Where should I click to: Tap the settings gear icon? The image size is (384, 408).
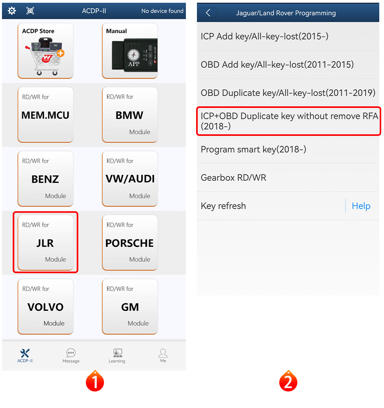(12, 11)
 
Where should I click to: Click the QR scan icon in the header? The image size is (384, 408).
(30, 11)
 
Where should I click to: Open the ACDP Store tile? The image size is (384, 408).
(46, 51)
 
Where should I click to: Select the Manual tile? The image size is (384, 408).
(130, 51)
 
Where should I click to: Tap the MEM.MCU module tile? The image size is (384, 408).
(46, 115)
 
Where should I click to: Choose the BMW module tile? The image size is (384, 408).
(130, 115)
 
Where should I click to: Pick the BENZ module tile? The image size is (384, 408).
(46, 179)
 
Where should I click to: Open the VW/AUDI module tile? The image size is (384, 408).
(130, 179)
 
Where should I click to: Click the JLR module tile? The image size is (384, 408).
(46, 243)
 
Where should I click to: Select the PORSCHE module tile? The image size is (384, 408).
(130, 243)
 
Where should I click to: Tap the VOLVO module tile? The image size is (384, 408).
(46, 306)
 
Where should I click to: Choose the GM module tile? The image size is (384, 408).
(130, 306)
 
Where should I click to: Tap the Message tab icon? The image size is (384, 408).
(71, 353)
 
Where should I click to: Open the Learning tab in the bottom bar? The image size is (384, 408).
(117, 356)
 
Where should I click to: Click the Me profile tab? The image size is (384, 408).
(163, 356)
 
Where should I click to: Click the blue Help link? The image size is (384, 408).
(361, 206)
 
